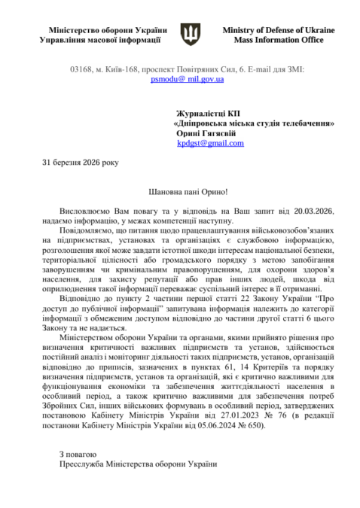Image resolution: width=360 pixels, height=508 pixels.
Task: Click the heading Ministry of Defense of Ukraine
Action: pyautogui.click(x=279, y=29)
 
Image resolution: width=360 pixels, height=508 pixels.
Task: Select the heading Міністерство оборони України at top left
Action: pyautogui.click(x=99, y=29)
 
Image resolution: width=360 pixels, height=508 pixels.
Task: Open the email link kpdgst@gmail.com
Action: pyautogui.click(x=211, y=143)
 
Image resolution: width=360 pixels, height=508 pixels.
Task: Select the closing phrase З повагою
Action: pyautogui.click(x=78, y=455)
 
